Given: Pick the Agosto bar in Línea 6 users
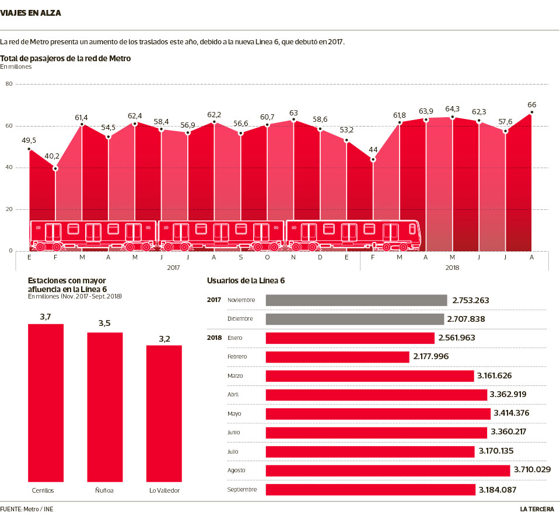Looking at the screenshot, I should click(388, 471).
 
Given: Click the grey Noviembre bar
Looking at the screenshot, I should click(356, 300).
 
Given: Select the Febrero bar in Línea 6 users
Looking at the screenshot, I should click(337, 357).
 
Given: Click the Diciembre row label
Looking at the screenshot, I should click(240, 319).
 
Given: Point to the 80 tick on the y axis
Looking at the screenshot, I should click(9, 84).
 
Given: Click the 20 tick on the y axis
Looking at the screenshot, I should click(9, 209).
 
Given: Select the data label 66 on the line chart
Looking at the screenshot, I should click(531, 105).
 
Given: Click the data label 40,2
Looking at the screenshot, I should click(52, 156).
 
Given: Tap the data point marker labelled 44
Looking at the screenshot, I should click(373, 159).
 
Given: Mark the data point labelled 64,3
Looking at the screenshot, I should click(453, 117).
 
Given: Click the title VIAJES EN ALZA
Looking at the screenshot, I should click(30, 12).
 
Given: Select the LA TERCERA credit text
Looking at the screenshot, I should click(537, 509).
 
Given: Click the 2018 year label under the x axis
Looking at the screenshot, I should click(452, 268).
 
